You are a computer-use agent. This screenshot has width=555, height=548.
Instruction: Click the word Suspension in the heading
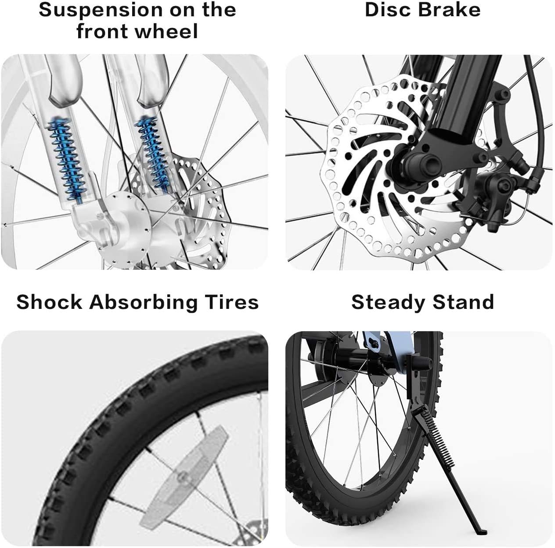point(101,10)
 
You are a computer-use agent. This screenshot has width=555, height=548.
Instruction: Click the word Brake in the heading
point(449,10)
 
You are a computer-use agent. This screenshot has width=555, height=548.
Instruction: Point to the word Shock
point(49,302)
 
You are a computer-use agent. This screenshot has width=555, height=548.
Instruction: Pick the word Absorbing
point(143,303)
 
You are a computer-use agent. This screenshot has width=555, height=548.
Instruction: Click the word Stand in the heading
point(463,302)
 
